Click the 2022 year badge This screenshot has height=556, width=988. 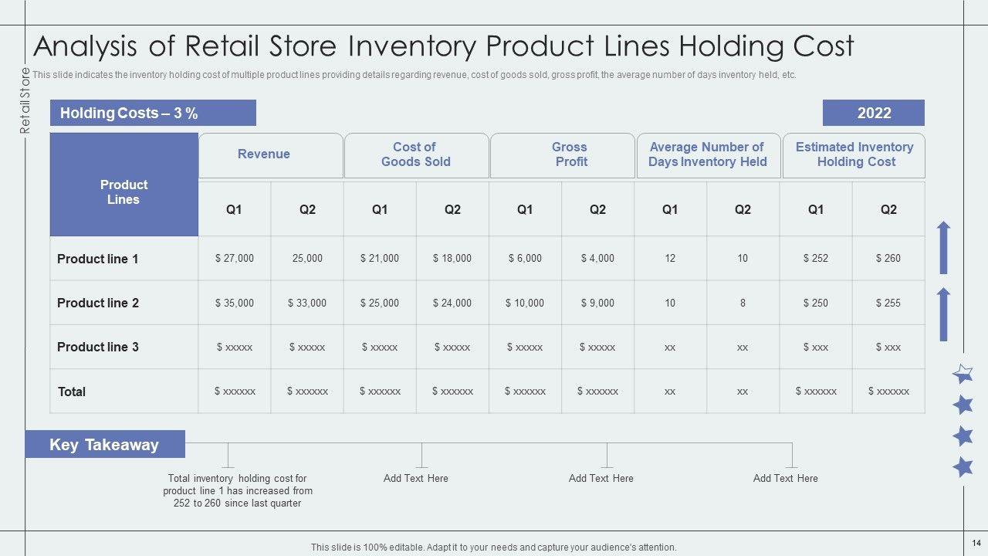[x=873, y=113]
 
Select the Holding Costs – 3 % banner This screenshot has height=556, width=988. [x=153, y=113]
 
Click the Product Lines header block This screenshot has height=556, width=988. [x=124, y=185]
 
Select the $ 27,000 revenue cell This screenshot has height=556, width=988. [x=235, y=258]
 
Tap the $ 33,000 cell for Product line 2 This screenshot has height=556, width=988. [x=307, y=303]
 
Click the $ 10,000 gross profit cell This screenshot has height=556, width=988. [x=524, y=303]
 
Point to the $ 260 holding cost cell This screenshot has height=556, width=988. [x=888, y=258]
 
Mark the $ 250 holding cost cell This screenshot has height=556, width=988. [x=816, y=303]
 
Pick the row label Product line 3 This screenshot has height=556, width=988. [x=98, y=347]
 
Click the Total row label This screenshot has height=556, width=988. [x=72, y=392]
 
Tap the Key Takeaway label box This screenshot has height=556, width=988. [x=105, y=444]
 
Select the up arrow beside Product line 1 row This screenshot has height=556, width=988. [x=943, y=248]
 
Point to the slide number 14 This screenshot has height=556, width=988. [x=976, y=543]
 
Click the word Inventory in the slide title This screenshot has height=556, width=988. [x=412, y=46]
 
